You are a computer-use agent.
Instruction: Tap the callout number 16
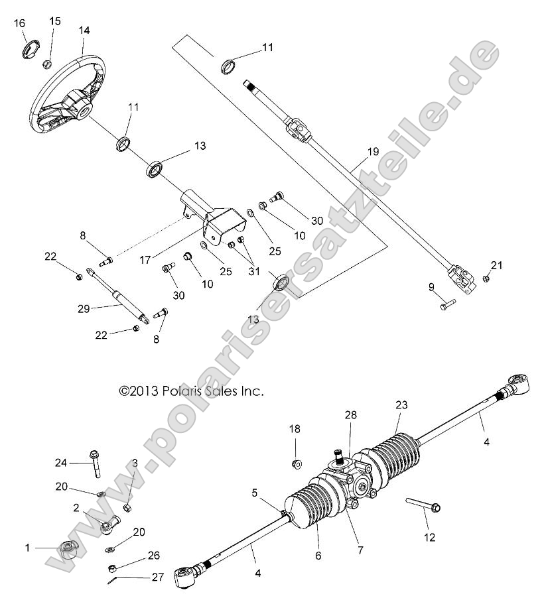20,23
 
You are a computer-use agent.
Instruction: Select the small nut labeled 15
48,64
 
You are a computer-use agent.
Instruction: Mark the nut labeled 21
486,278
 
